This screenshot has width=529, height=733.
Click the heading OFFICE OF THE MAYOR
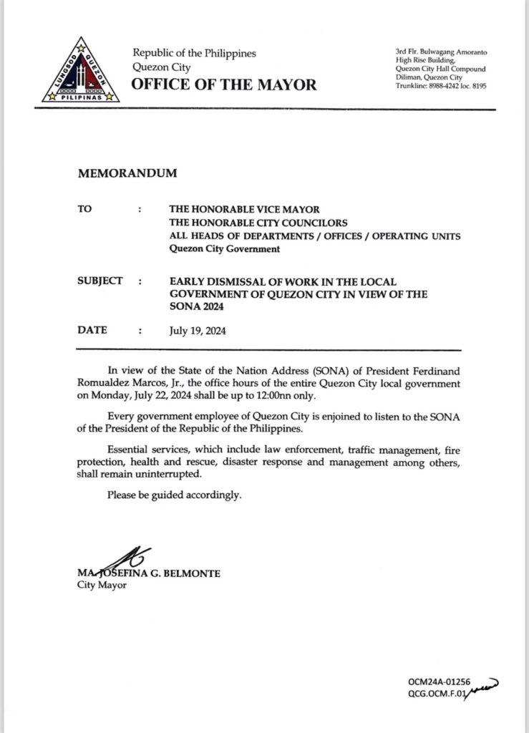pos(223,85)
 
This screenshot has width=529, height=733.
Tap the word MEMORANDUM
pos(125,173)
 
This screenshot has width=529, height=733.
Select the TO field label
pos(84,210)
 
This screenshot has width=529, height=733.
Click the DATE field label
pos(92,330)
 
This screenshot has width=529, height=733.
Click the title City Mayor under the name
pos(99,585)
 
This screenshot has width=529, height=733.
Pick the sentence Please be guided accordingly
pos(174,494)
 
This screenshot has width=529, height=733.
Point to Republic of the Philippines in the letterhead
pos(194,54)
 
